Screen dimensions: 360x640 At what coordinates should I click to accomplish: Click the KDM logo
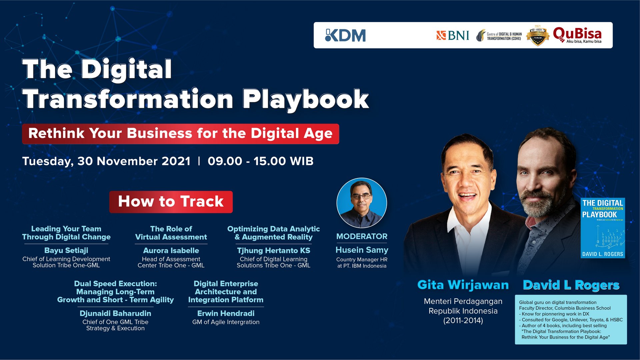coord(345,35)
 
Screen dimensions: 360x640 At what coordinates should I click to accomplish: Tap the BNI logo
coord(453,35)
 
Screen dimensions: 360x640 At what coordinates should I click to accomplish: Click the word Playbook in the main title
coord(305,99)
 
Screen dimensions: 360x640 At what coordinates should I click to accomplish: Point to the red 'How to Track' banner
coord(171,202)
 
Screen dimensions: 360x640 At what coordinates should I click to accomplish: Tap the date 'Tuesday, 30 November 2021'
coord(106,161)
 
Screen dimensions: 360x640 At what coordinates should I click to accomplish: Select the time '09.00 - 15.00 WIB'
coord(260,161)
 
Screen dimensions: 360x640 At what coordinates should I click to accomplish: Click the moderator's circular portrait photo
coord(362,203)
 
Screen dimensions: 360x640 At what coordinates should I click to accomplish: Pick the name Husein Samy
coord(362,250)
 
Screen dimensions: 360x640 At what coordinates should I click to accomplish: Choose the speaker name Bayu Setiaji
coord(66,250)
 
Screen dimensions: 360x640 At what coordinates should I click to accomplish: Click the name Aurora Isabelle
coord(171,250)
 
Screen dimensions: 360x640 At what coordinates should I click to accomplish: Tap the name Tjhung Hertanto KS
coord(273,250)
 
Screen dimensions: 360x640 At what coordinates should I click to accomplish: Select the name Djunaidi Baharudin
coord(115,313)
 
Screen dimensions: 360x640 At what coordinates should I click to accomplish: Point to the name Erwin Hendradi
coord(226,313)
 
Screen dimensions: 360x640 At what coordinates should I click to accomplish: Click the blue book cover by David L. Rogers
coord(603,228)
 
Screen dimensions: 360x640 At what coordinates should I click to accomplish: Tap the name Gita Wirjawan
coord(463,285)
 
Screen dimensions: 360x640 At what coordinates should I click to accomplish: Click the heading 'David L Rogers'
coord(571,285)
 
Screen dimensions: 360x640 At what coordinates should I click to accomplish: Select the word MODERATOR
coord(362,236)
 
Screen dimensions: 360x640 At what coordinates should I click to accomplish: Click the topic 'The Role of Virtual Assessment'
coord(171,233)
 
